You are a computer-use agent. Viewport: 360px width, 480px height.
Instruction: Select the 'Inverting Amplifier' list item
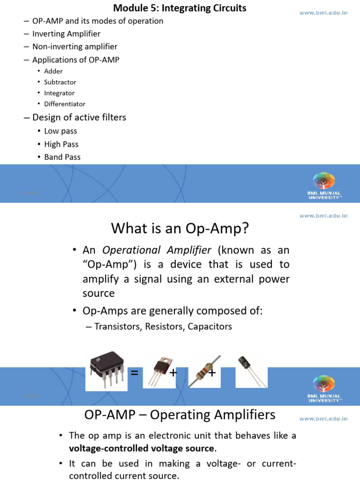coord(66,34)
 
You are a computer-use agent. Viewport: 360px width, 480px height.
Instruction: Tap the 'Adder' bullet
coord(53,71)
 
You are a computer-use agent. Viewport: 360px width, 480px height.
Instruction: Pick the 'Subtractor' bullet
coord(60,82)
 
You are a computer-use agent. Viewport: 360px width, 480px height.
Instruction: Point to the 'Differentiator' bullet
coord(65,104)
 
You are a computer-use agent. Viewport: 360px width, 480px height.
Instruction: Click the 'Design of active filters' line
coord(79,117)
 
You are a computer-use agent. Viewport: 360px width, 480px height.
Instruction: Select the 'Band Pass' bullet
coord(62,157)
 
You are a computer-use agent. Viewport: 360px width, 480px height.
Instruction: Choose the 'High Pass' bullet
coord(61,144)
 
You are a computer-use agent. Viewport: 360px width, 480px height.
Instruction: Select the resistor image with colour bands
coord(204,371)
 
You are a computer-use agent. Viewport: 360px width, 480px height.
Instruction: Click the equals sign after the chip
coord(135,373)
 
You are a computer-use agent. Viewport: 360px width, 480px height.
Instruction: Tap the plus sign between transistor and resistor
coord(173,373)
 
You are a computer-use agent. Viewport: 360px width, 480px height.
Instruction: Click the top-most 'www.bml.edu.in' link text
coord(323,13)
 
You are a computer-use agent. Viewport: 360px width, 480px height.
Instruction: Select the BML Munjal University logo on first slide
coord(324,186)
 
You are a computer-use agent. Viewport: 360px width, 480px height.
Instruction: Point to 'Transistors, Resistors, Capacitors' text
coord(163,326)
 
